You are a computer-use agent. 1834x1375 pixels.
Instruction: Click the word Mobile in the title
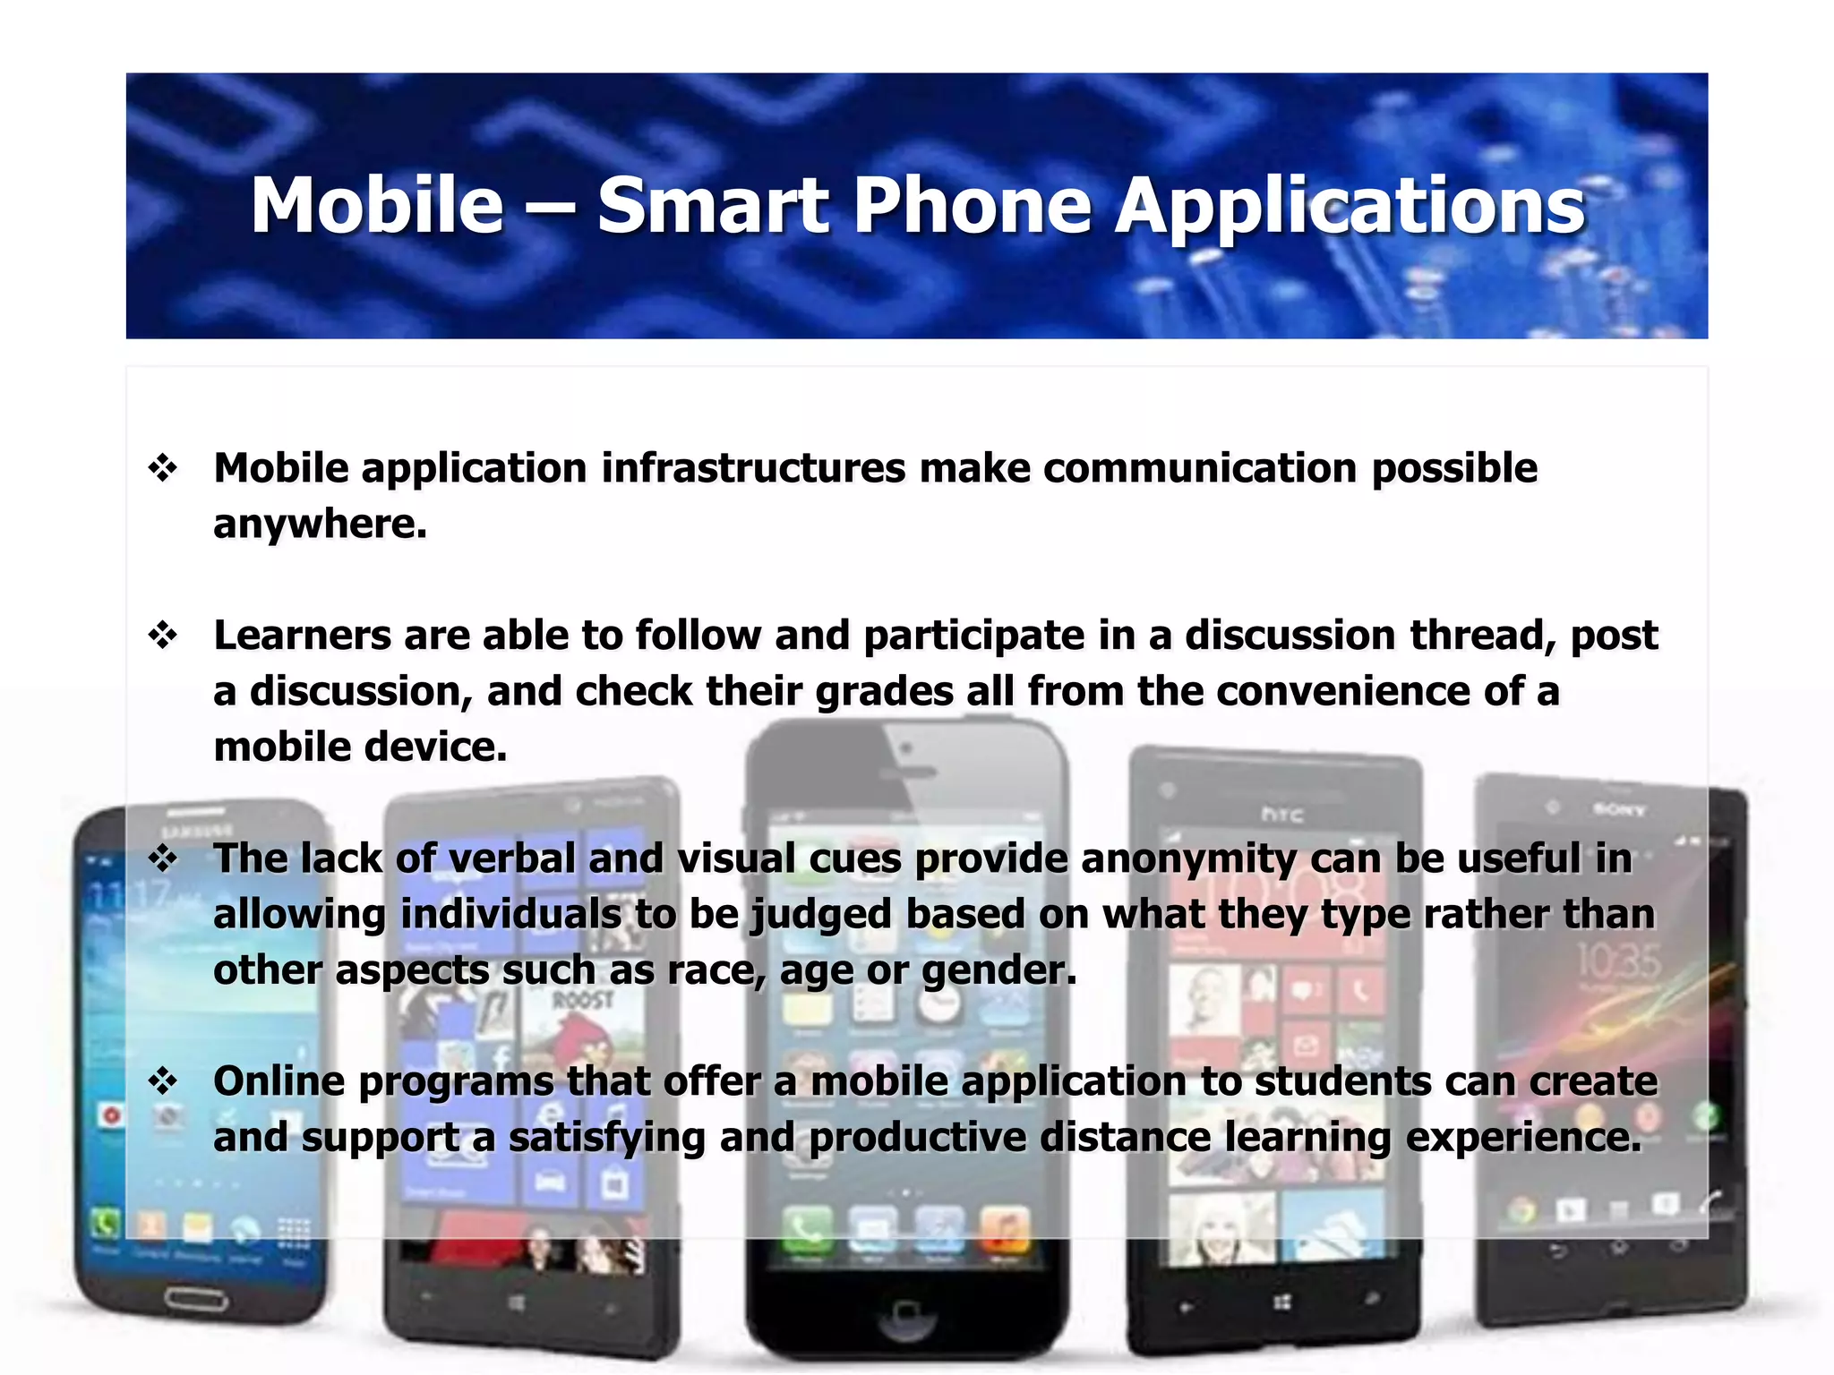[377, 206]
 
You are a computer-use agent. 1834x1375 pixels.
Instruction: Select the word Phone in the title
[972, 206]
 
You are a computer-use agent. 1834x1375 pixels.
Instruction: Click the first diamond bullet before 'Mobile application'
[163, 467]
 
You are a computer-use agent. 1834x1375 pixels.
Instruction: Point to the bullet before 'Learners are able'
[163, 635]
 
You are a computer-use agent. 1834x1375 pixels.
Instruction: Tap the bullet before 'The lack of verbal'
[163, 858]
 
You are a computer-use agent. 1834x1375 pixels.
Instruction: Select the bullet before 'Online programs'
[163, 1081]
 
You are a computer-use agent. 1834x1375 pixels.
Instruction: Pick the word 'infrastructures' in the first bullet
[753, 468]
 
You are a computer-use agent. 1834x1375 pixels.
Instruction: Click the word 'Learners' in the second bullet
[302, 636]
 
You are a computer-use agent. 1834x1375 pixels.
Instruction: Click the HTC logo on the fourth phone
[1281, 815]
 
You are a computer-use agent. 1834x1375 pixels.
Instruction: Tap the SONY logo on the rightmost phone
[1619, 810]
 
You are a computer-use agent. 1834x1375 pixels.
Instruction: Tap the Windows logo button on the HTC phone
[1281, 1302]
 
